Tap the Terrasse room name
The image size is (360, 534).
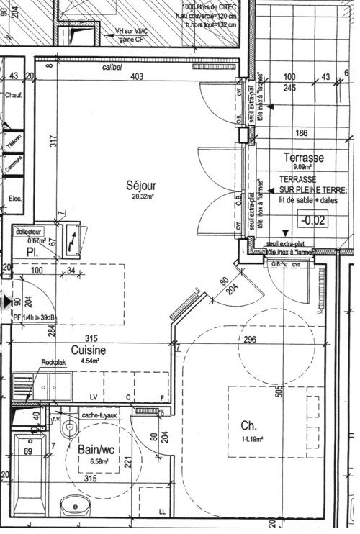(x=303, y=158)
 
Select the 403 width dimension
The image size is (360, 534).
(x=137, y=77)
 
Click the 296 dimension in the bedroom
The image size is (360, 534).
(x=250, y=340)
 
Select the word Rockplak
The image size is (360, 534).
(x=55, y=363)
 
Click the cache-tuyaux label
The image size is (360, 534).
(x=99, y=415)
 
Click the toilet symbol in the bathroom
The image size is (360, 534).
(x=69, y=427)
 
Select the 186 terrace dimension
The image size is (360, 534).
(x=302, y=133)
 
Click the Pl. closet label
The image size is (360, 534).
(x=32, y=253)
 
